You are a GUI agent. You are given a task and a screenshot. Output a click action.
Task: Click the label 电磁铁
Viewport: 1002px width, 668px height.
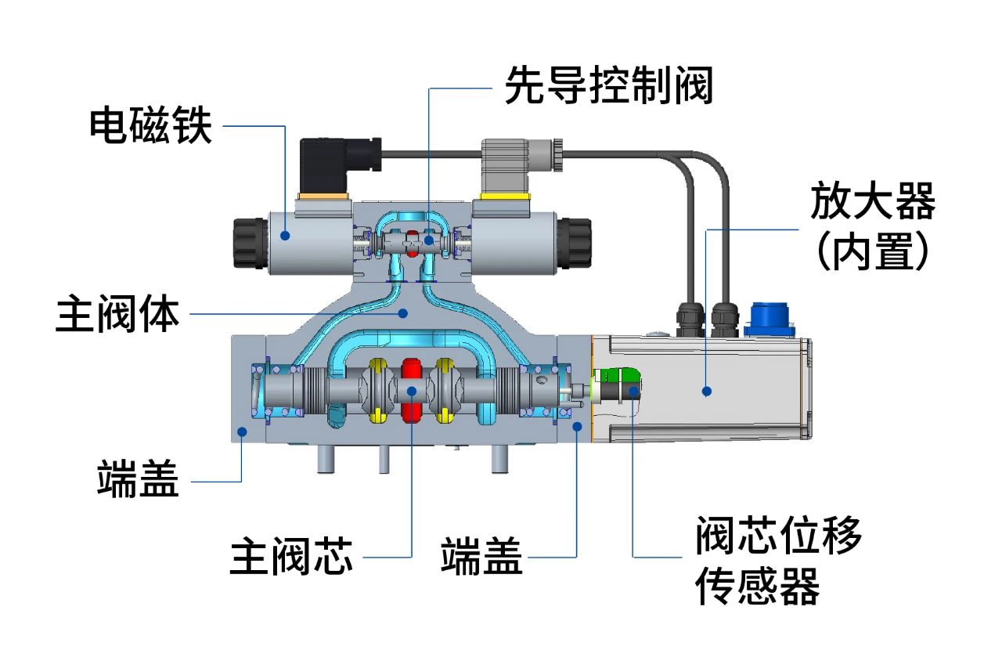click(x=151, y=125)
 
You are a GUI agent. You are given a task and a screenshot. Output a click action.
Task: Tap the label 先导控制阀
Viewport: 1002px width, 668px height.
click(x=608, y=85)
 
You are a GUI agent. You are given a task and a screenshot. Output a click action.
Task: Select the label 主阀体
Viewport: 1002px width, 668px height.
click(x=118, y=313)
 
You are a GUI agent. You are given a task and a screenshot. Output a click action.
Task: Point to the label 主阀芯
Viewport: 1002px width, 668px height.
click(x=291, y=557)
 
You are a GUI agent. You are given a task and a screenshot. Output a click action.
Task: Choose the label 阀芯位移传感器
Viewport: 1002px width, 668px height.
click(x=778, y=559)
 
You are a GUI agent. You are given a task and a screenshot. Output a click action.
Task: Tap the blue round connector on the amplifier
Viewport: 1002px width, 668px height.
click(x=769, y=318)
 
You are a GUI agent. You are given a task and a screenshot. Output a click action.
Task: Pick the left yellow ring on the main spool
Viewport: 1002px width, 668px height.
click(x=379, y=390)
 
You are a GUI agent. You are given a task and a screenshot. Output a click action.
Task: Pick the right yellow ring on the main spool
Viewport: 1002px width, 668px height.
click(x=445, y=390)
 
